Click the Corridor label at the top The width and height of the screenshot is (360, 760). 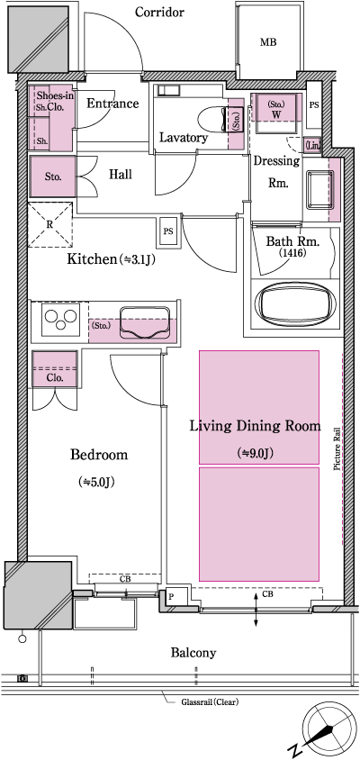coord(159,13)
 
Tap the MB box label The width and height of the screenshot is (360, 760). coord(268,42)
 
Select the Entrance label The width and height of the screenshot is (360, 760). coord(112,104)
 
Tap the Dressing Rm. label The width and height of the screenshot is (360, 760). coord(270,172)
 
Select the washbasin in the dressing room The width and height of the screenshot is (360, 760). coord(320,190)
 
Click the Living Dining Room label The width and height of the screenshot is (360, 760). coord(255,426)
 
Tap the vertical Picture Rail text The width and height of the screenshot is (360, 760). coord(337,448)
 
